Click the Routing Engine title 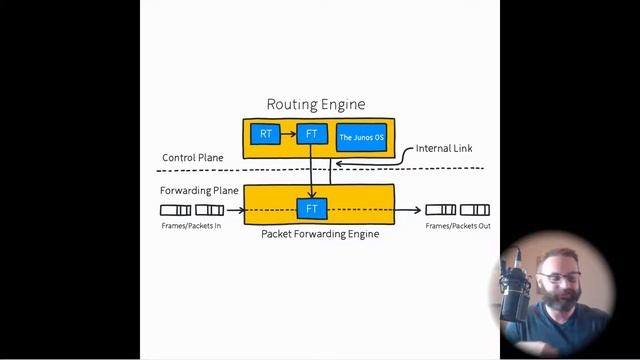tap(315, 104)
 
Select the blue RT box tap(265, 134)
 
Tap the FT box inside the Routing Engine tap(311, 134)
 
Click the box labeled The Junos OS tap(361, 137)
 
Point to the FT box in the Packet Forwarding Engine tap(311, 209)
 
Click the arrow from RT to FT tap(288, 134)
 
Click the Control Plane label tap(192, 158)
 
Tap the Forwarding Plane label tap(199, 190)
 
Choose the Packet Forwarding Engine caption tap(320, 234)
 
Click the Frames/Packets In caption tap(191, 226)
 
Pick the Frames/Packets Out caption tap(457, 226)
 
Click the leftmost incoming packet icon tap(175, 210)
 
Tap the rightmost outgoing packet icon tap(475, 210)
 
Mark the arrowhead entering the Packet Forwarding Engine tap(242, 210)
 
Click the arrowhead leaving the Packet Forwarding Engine tap(417, 210)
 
